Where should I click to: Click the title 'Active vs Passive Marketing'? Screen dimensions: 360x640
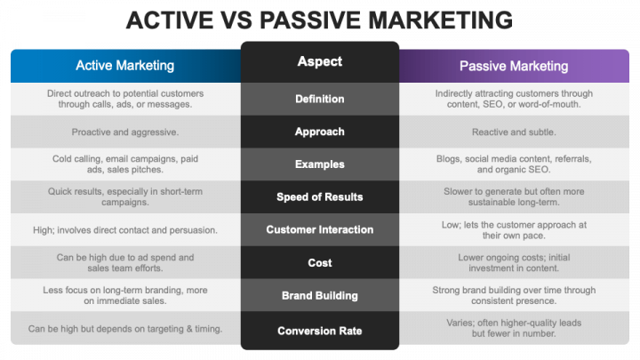[319, 20]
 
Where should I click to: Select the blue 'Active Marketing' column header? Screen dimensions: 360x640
[125, 66]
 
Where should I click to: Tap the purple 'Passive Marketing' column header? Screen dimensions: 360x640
[513, 66]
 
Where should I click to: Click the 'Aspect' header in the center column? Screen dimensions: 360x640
[319, 62]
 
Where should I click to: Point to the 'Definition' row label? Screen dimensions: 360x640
[319, 99]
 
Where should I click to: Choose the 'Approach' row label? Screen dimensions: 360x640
[319, 132]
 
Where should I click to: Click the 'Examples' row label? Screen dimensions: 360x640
[319, 164]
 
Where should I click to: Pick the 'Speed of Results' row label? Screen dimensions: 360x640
[319, 196]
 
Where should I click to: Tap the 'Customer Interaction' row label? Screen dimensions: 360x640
[319, 229]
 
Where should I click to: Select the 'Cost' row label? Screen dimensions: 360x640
[319, 262]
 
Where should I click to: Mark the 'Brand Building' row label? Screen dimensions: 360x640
[319, 295]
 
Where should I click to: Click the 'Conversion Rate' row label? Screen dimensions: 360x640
[319, 331]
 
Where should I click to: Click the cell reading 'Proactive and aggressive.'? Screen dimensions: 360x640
[125, 132]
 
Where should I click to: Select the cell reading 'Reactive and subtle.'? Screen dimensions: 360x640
[513, 132]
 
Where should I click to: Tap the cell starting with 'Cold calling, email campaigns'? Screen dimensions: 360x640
[125, 164]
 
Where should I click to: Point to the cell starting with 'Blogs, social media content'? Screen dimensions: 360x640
[513, 164]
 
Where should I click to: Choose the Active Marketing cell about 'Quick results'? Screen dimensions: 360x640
[125, 196]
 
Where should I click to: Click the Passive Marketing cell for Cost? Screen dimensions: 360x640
[513, 262]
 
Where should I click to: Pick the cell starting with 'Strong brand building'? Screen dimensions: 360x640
[513, 295]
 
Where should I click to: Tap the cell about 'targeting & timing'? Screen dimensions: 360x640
[125, 329]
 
